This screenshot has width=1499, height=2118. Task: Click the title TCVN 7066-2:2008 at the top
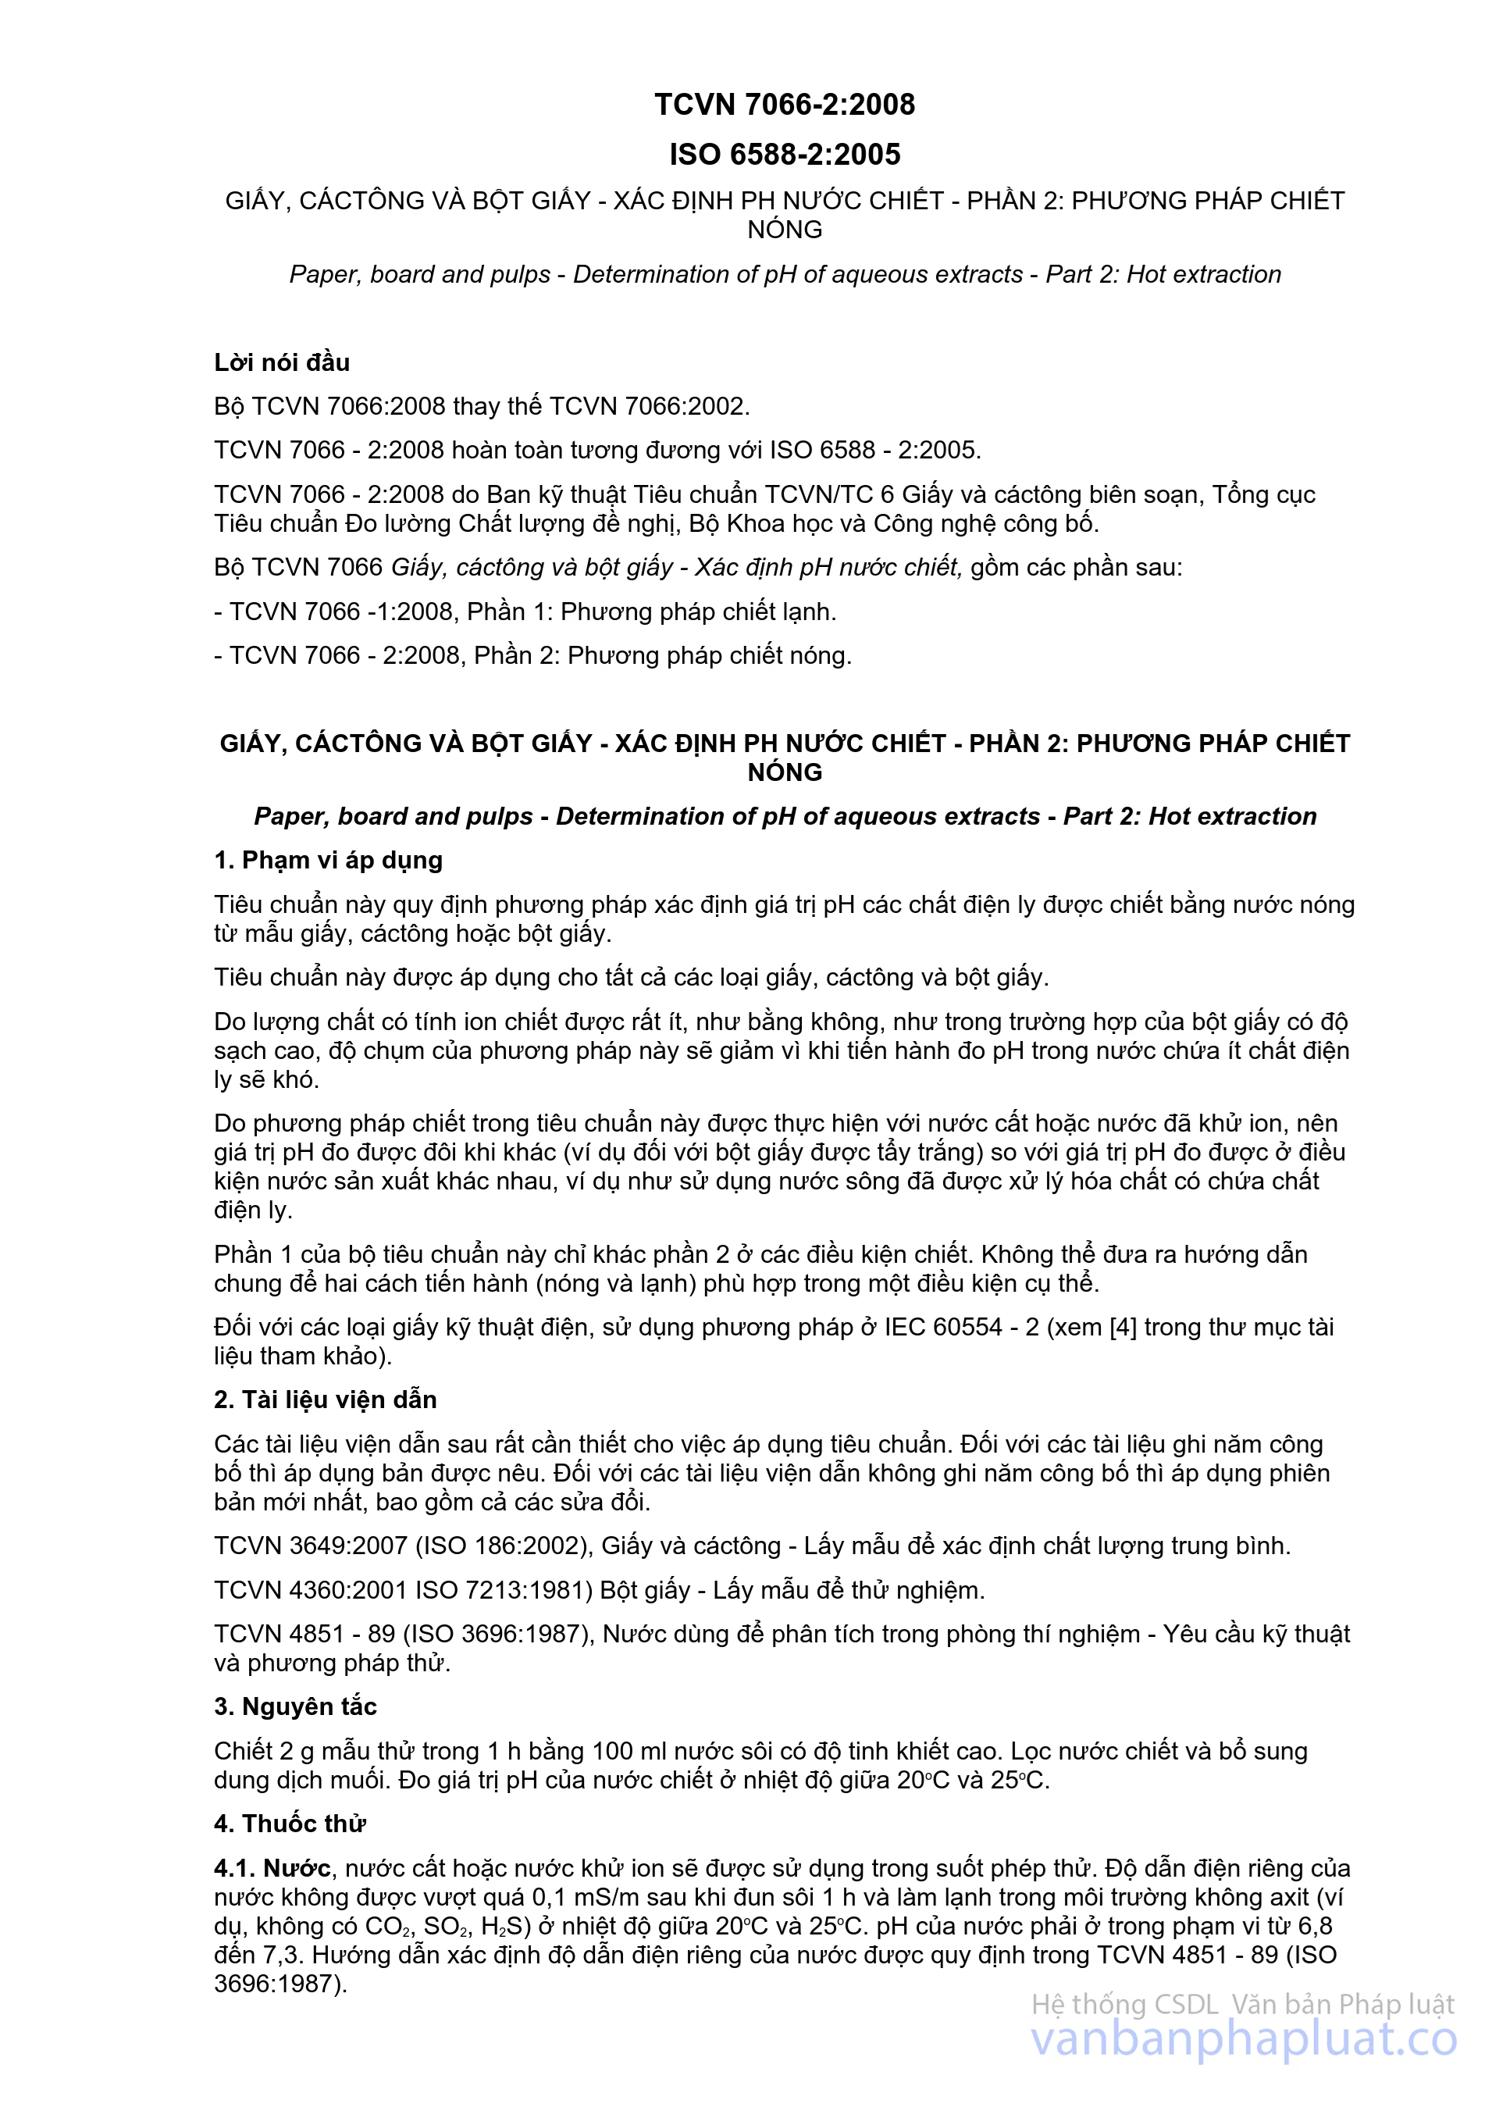tap(785, 105)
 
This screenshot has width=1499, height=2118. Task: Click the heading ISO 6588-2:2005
tap(785, 154)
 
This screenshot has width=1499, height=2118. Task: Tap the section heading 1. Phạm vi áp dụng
tap(328, 860)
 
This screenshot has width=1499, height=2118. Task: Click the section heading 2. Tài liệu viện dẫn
tap(325, 1400)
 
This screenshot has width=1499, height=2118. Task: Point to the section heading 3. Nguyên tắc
tap(295, 1706)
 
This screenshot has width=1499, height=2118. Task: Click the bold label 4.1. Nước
tap(272, 1869)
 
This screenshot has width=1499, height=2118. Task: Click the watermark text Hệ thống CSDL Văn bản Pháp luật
tap(1242, 2005)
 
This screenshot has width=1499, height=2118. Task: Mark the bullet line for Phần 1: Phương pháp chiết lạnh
tap(525, 612)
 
